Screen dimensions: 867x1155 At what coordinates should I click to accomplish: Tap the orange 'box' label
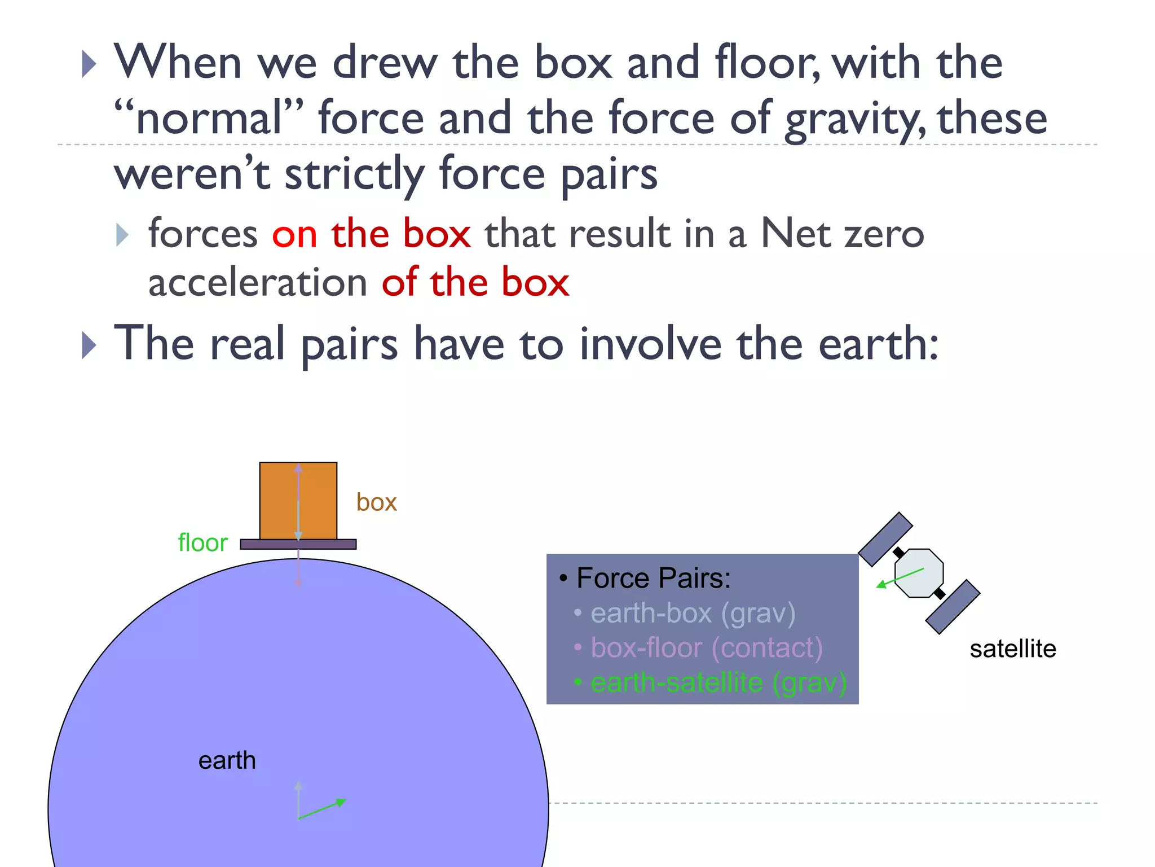(376, 502)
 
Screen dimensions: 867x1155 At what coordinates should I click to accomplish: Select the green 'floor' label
(202, 542)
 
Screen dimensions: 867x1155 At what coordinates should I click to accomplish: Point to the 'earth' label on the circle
(227, 760)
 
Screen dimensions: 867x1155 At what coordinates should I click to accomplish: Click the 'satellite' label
(1012, 649)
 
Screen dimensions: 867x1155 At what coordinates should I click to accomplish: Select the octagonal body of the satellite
(919, 572)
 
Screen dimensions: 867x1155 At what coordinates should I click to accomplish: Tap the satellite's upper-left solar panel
(885, 539)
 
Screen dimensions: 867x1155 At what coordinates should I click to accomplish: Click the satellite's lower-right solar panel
(953, 607)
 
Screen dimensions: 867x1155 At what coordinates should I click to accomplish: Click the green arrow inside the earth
(321, 809)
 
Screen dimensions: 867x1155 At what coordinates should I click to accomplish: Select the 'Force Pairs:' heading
(653, 578)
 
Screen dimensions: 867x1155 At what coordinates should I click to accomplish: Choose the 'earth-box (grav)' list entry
(693, 613)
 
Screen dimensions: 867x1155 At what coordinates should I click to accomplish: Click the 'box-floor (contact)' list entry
(706, 647)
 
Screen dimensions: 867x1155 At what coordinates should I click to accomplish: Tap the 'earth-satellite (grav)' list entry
(718, 682)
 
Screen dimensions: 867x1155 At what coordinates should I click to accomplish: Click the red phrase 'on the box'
(371, 234)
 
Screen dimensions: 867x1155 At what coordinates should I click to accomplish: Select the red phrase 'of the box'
(475, 282)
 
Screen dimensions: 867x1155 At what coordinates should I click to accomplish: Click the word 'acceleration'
(258, 282)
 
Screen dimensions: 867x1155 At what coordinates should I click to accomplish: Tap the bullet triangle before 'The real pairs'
(89, 345)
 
